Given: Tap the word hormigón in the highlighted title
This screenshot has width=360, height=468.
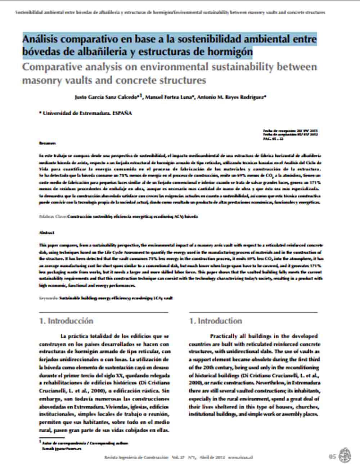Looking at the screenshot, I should click(229, 52).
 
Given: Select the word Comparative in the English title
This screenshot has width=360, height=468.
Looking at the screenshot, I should click(59, 67).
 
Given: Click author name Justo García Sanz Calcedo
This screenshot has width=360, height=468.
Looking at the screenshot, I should click(106, 97).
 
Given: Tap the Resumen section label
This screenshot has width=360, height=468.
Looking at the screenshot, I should click(47, 143).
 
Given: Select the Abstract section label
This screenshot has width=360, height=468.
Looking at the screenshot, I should click(47, 233).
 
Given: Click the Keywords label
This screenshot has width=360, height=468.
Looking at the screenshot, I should click(49, 298).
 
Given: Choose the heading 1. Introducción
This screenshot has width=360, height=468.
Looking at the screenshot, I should click(66, 321).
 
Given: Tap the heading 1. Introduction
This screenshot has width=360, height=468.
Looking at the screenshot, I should click(216, 321).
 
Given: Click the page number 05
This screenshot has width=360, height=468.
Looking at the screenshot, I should click(332, 456).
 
